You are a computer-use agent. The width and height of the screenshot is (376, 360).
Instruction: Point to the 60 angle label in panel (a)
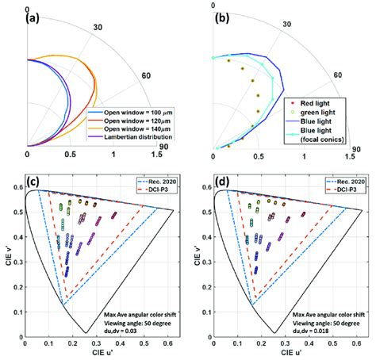point(146,77)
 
